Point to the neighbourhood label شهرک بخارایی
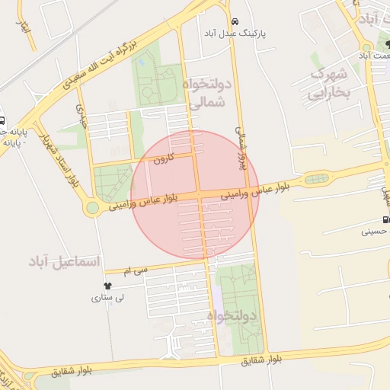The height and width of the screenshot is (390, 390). (328, 83)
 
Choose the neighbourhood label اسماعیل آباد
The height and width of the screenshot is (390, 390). (64, 261)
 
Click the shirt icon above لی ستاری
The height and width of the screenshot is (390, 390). (106, 286)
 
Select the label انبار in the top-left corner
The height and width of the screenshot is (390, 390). (24, 29)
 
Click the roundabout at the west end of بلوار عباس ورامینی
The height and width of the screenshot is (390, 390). (92, 207)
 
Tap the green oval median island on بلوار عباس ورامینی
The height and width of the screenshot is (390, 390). (317, 180)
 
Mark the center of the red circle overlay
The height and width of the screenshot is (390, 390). (196, 195)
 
